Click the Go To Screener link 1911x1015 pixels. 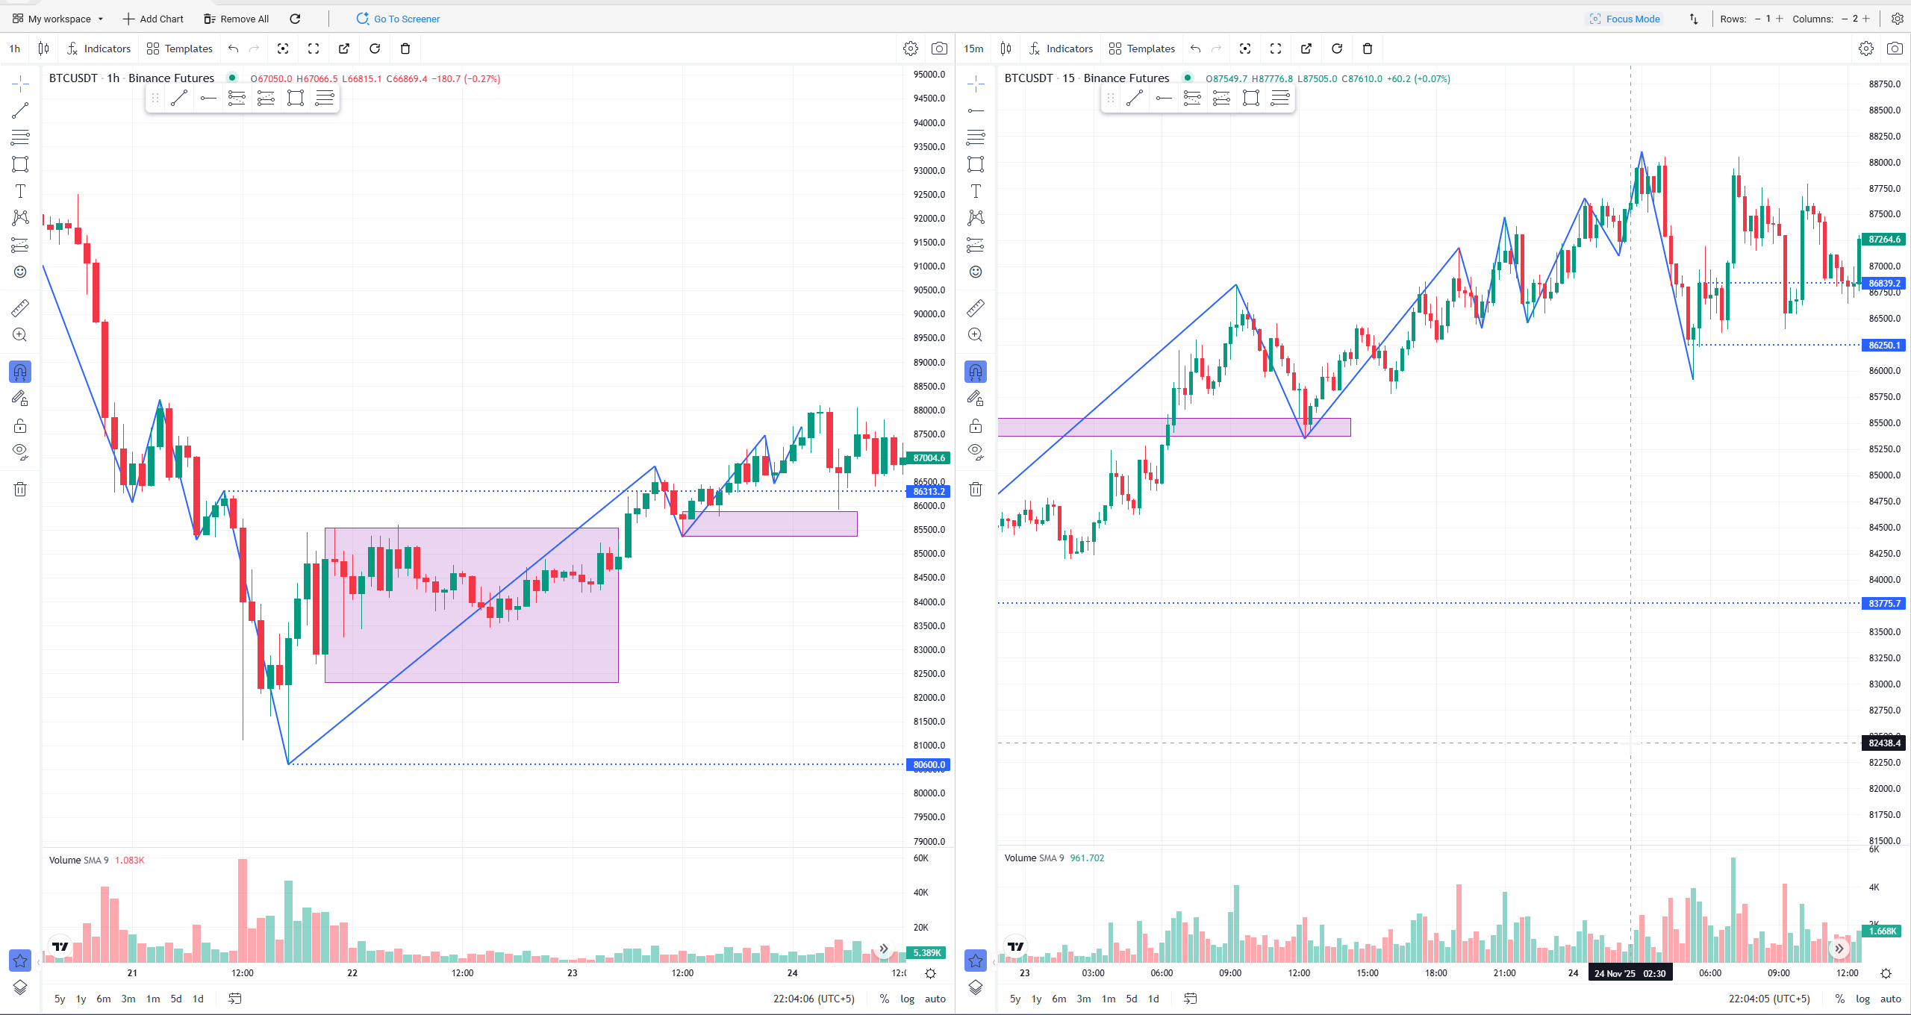[x=399, y=19]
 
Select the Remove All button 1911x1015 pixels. [x=236, y=19]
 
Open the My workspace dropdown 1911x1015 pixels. [x=58, y=19]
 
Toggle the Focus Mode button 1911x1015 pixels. [x=1624, y=19]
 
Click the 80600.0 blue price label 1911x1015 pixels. [x=928, y=764]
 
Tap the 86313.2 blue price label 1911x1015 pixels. [x=928, y=491]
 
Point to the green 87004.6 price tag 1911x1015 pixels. [x=928, y=457]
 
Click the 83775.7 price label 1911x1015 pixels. [x=1883, y=603]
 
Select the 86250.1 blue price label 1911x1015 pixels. [x=1883, y=345]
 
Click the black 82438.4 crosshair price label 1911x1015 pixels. [x=1883, y=743]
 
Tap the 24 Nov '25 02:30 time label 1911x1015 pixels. [x=1630, y=973]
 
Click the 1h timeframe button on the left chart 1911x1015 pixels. [x=15, y=49]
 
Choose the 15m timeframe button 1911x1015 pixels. [x=973, y=49]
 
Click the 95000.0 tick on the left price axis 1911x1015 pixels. [x=929, y=74]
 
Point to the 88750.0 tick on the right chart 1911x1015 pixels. [x=1884, y=84]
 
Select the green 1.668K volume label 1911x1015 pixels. [x=1882, y=931]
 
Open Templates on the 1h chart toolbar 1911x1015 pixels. [x=180, y=49]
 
